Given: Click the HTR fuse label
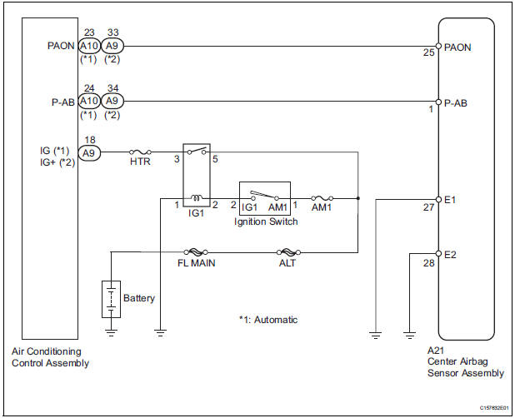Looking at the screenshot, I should [x=140, y=162].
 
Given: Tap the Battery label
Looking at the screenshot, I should [x=139, y=297].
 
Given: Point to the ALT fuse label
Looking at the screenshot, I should [x=287, y=263].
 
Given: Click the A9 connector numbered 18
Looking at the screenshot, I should [x=88, y=152].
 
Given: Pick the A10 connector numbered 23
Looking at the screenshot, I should [x=89, y=47].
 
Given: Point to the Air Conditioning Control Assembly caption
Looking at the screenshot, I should [x=50, y=358].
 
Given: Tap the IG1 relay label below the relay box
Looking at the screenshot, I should [x=197, y=213].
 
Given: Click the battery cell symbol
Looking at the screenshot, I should [x=110, y=299].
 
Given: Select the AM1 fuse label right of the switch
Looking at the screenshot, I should [x=322, y=208].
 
